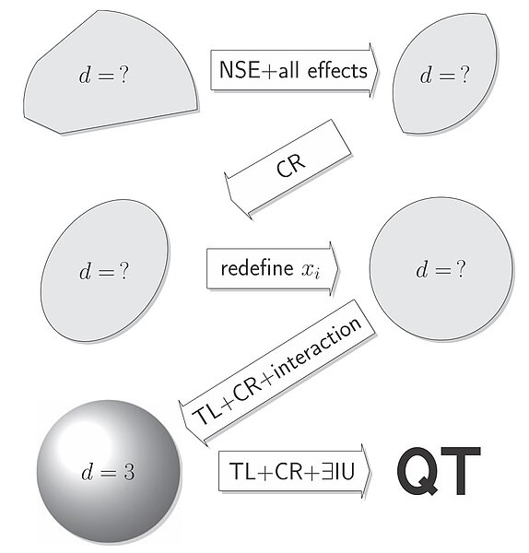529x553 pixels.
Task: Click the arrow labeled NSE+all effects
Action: click(x=295, y=70)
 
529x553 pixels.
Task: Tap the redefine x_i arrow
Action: click(x=273, y=269)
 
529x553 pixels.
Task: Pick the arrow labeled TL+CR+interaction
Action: click(x=277, y=372)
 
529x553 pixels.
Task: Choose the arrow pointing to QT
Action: click(x=295, y=471)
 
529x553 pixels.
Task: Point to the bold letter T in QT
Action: click(x=461, y=470)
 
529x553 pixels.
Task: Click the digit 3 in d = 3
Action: click(x=129, y=472)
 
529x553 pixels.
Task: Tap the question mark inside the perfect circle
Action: click(x=460, y=269)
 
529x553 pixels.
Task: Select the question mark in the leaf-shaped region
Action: click(x=464, y=75)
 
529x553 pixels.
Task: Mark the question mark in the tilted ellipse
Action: click(x=123, y=270)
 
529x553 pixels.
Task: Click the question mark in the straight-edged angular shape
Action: click(x=123, y=75)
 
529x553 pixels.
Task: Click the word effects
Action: click(x=337, y=70)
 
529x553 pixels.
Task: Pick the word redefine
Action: click(x=257, y=268)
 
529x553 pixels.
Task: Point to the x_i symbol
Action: click(x=311, y=270)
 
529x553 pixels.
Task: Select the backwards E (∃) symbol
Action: click(x=327, y=471)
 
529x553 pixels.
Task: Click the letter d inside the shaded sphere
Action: click(x=88, y=471)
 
